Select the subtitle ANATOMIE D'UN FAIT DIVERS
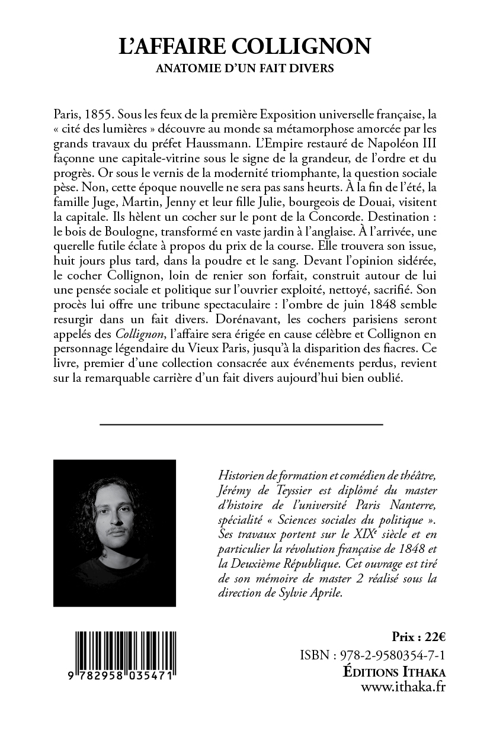[x=245, y=69]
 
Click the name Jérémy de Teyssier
[x=254, y=490]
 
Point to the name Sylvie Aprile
[x=320, y=594]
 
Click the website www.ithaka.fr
[x=403, y=687]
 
